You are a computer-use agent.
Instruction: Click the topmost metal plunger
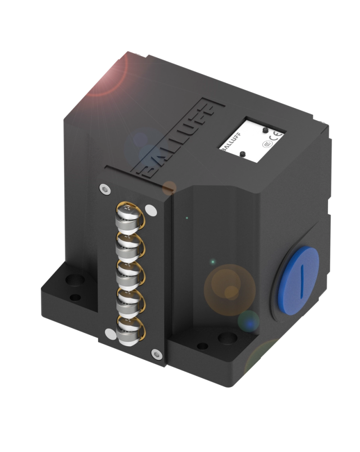coord(128,214)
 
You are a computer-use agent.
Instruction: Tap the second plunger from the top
coord(127,243)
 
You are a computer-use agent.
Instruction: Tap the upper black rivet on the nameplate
coord(265,130)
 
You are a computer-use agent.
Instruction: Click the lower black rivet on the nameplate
coord(243,154)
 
